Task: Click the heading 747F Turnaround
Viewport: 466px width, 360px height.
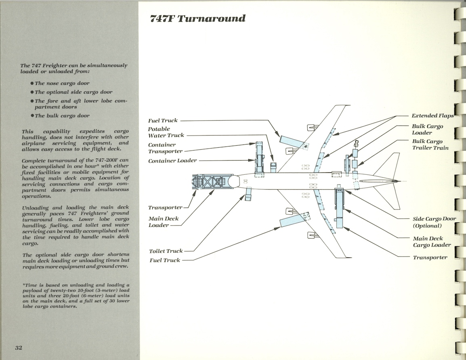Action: point(197,19)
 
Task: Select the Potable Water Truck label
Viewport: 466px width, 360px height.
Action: point(166,132)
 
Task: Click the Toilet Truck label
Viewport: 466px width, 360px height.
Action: point(166,251)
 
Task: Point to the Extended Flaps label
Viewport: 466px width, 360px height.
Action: point(432,116)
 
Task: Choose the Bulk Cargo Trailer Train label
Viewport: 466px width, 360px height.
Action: point(430,144)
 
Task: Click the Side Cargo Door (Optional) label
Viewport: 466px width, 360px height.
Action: point(434,222)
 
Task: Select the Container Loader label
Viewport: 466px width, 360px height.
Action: point(172,161)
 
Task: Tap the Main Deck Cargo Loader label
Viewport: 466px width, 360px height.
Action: point(431,242)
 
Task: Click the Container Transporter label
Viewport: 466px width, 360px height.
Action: point(165,148)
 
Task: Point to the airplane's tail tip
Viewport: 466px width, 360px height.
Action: point(401,180)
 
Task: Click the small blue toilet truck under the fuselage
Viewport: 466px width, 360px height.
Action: point(248,196)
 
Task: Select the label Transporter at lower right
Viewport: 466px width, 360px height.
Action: point(430,257)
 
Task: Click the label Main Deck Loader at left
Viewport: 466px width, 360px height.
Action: point(164,222)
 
